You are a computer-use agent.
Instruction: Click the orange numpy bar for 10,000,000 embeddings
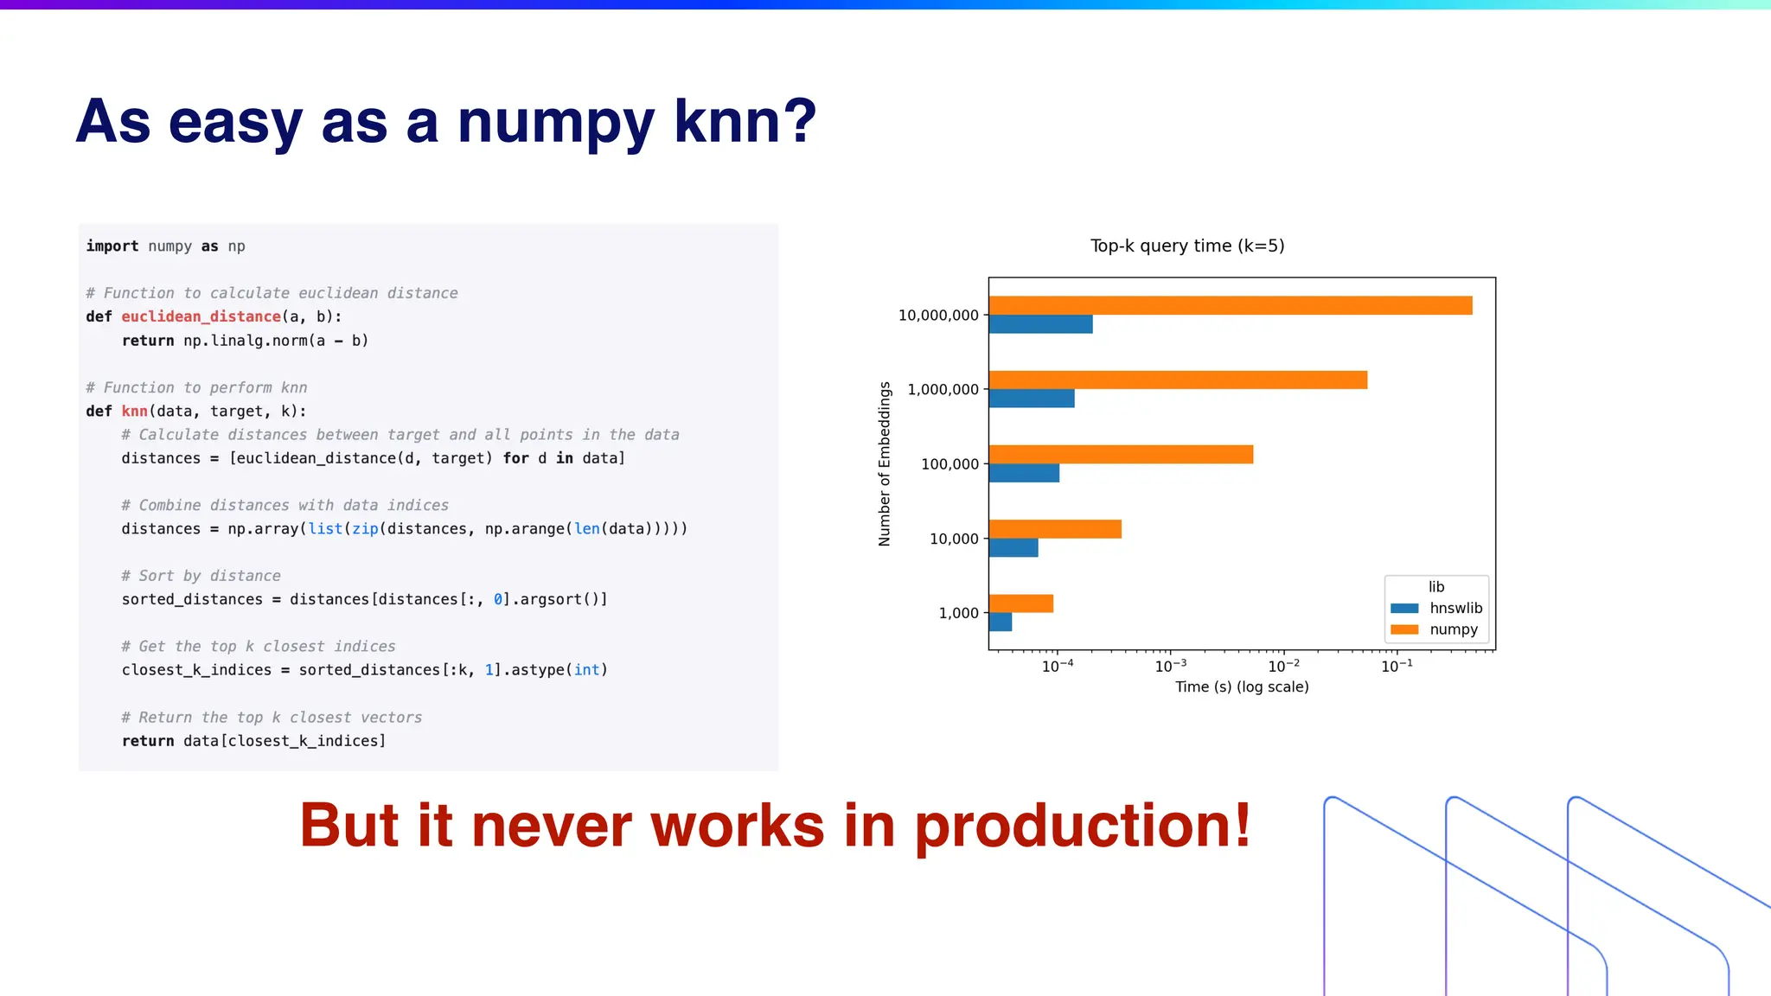(1230, 305)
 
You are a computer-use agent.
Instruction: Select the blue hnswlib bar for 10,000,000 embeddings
(1040, 324)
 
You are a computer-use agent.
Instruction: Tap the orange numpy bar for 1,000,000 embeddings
(1178, 380)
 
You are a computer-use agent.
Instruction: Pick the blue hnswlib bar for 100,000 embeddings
(1024, 473)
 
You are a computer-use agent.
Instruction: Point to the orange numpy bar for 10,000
(1055, 529)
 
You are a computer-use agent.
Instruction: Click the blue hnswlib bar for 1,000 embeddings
(1001, 622)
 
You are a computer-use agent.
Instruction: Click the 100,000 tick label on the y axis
(949, 464)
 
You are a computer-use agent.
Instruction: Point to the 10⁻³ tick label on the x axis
(1170, 666)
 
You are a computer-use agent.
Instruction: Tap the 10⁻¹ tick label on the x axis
(1397, 666)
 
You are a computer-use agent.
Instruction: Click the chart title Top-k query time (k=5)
(1187, 246)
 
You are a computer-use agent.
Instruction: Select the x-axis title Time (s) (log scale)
(1242, 686)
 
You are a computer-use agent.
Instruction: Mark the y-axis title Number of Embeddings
(885, 463)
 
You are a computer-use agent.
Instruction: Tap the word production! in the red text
(1083, 826)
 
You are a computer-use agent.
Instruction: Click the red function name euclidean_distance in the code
(201, 316)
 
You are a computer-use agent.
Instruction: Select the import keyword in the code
(112, 246)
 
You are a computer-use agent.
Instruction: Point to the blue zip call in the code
(365, 528)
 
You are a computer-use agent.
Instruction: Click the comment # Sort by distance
(201, 576)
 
